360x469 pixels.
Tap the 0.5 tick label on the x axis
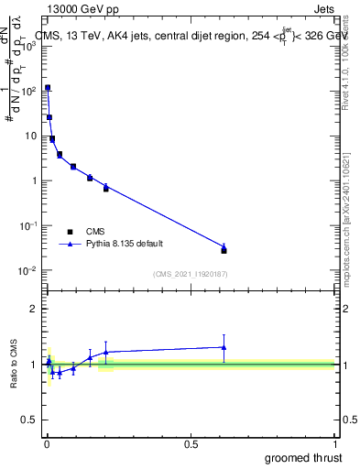point(191,442)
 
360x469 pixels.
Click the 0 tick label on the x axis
point(46,442)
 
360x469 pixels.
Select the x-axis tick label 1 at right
point(334,442)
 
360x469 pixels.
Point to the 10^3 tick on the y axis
point(29,46)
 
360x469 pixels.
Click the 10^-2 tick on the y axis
point(29,270)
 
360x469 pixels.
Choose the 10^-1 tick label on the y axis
point(29,225)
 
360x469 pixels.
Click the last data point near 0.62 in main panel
point(224,249)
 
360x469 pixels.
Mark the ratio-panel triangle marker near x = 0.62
point(224,346)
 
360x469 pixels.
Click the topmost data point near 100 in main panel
point(48,88)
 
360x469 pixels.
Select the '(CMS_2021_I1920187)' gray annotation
point(190,274)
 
